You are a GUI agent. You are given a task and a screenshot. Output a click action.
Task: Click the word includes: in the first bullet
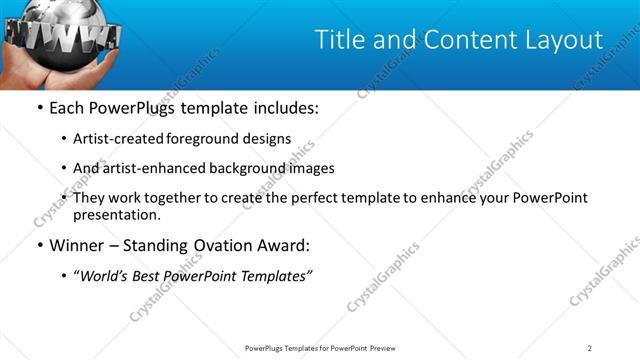coord(281,108)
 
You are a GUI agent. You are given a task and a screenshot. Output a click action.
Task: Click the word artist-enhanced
coord(149,168)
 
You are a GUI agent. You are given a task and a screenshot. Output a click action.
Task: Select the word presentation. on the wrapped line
coord(116,215)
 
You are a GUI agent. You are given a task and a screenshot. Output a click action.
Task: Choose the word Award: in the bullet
coord(283,245)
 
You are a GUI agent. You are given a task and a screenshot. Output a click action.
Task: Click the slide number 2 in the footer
coord(590,348)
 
